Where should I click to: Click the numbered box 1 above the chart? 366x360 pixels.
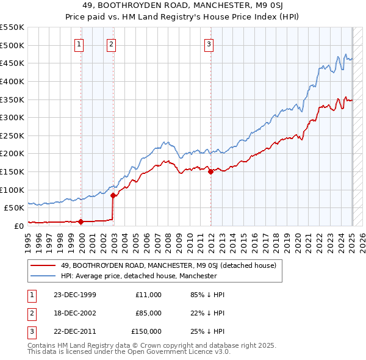click(x=81, y=43)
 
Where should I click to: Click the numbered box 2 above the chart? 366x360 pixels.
click(x=112, y=43)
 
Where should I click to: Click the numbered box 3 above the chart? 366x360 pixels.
click(x=209, y=43)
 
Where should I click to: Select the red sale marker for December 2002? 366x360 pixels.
click(x=113, y=195)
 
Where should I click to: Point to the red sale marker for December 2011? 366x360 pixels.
click(x=210, y=171)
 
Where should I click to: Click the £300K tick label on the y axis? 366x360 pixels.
click(x=12, y=117)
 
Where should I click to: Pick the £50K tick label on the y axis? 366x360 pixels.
click(x=14, y=207)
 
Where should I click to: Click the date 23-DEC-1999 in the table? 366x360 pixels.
click(x=74, y=295)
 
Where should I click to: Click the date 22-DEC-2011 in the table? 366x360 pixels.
click(x=74, y=331)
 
